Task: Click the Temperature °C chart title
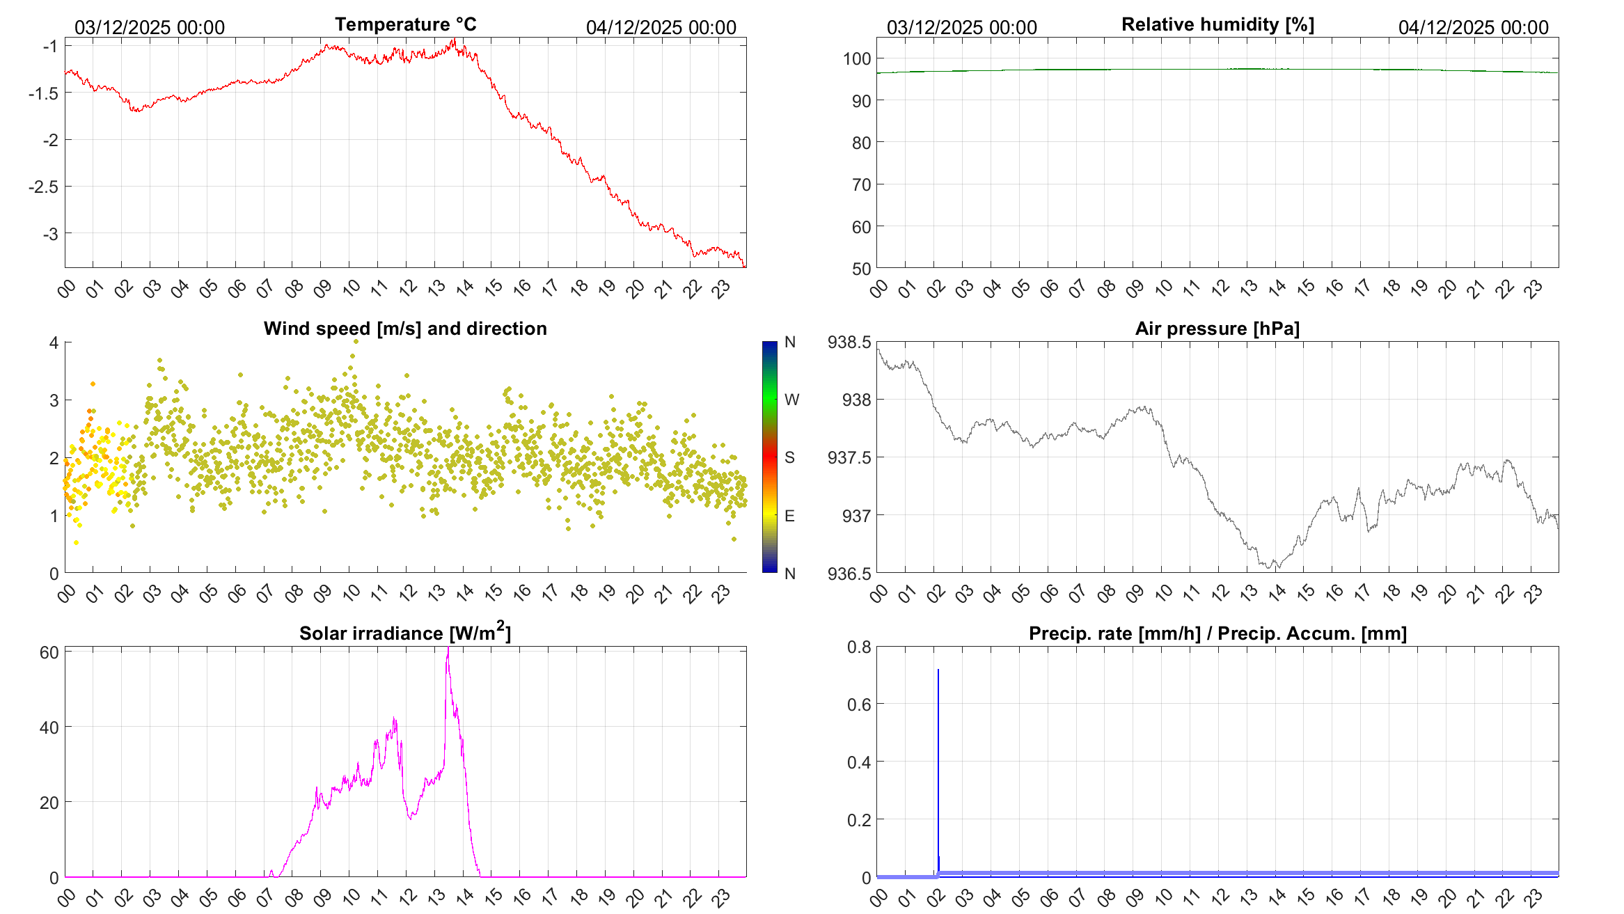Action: pos(405,25)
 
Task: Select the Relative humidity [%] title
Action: pos(1217,25)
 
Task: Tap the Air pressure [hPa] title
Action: pos(1217,329)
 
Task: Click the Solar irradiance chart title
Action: pos(404,633)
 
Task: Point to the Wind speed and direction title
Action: pos(405,329)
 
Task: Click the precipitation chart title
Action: pos(1217,633)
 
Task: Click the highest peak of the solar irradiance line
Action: pos(448,649)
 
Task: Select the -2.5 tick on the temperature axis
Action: pos(44,187)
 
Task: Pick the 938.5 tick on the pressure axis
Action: pos(849,342)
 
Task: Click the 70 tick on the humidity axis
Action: pos(861,185)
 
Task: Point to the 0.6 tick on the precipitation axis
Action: pos(858,704)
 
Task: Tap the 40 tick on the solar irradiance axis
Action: pos(49,727)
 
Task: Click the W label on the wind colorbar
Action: pos(791,400)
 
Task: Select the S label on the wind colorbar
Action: pos(789,457)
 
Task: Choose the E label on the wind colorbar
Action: pos(789,516)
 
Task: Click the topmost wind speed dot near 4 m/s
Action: pos(356,341)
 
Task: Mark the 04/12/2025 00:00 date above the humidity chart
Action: pos(1473,28)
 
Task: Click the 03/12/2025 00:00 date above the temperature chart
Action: pos(150,28)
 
